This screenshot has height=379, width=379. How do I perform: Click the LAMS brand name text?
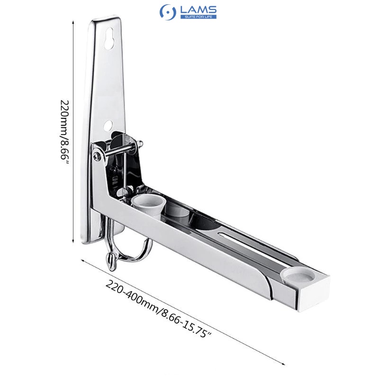coord(198,9)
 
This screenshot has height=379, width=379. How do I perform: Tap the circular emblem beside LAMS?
coord(168,12)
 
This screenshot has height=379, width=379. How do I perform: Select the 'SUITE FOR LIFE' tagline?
coord(198,17)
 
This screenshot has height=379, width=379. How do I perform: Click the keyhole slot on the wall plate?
coord(110,39)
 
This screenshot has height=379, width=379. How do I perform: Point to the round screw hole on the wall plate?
coord(108,126)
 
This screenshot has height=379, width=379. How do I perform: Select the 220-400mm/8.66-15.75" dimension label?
coord(158,309)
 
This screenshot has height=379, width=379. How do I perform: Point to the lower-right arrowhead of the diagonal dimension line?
coord(283,363)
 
